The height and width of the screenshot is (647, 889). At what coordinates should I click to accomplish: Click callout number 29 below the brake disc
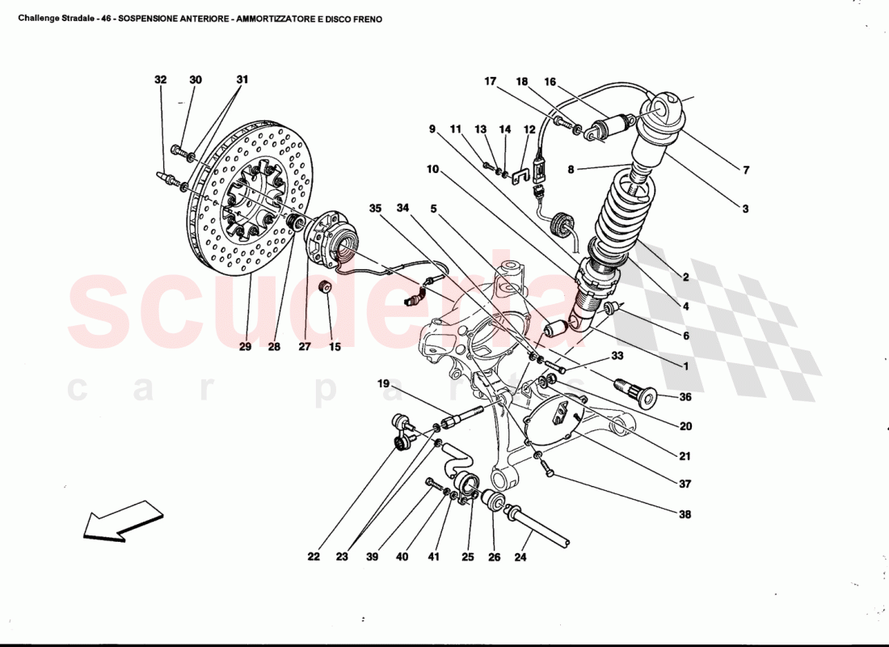(x=245, y=347)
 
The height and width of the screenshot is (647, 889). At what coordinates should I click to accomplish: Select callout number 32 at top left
(x=161, y=80)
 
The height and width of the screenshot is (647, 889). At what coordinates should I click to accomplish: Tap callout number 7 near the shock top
(x=746, y=171)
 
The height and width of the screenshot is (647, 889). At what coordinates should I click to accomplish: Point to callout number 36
(x=685, y=397)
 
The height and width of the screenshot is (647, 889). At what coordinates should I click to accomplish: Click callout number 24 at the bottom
(x=520, y=557)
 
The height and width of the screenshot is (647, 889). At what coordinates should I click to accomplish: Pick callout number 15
(x=335, y=347)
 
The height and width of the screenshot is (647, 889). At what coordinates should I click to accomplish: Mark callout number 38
(x=685, y=514)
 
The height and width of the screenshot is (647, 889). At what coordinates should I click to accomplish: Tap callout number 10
(x=433, y=170)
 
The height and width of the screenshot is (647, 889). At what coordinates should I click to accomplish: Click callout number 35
(x=375, y=208)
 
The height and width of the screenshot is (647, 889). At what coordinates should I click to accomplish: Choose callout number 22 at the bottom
(x=314, y=557)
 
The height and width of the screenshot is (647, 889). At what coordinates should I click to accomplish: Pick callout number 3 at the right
(x=746, y=208)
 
